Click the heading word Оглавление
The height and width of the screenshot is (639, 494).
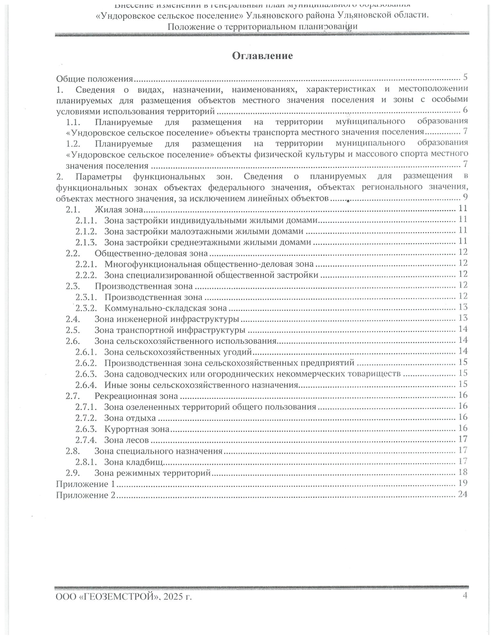(262, 56)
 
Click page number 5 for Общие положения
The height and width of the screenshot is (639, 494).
(465, 77)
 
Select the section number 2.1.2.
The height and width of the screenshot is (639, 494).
(86, 231)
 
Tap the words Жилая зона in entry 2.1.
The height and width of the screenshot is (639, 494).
(119, 209)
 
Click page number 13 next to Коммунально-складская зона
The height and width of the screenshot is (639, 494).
(463, 307)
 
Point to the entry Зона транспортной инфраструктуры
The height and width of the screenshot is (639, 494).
(170, 330)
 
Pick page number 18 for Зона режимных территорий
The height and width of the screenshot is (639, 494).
(463, 472)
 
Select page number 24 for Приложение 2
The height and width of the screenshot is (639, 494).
(463, 494)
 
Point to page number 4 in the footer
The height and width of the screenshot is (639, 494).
(465, 595)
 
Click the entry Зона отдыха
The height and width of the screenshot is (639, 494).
(130, 418)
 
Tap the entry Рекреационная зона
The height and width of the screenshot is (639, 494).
(136, 396)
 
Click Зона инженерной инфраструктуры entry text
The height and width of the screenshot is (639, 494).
(167, 319)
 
